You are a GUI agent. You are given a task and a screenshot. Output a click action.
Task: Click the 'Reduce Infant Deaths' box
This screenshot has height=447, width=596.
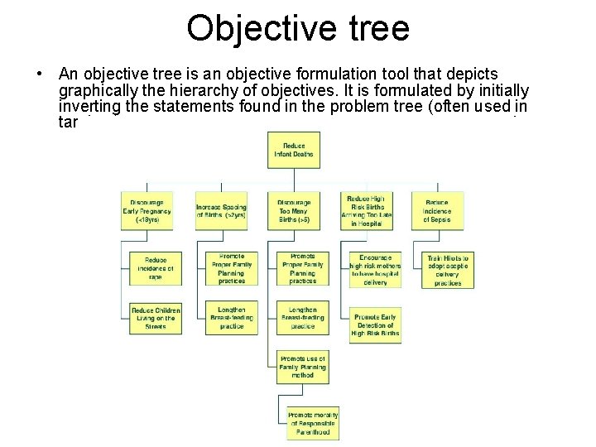point(294,151)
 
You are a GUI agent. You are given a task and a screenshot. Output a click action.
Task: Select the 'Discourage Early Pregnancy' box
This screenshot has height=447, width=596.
point(147,210)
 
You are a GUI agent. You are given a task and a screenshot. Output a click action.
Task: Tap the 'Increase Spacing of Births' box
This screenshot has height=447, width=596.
point(221,210)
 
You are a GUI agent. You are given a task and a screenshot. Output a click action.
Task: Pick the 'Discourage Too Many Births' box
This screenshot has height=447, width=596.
point(294,210)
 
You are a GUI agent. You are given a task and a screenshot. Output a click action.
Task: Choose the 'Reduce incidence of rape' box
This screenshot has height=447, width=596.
point(156,268)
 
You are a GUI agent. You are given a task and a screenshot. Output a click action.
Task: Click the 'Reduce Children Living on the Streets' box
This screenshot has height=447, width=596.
point(155,319)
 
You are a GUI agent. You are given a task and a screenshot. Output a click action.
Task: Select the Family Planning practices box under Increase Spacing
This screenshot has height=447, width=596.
point(232,269)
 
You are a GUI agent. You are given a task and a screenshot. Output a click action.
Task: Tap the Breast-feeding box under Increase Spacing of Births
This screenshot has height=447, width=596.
point(232,319)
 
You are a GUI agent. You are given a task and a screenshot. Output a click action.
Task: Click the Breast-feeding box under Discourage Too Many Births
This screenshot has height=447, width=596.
point(303,319)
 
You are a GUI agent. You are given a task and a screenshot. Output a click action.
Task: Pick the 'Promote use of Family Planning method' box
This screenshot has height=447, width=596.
point(303,367)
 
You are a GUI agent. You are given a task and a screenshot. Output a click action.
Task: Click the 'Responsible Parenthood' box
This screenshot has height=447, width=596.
point(313,424)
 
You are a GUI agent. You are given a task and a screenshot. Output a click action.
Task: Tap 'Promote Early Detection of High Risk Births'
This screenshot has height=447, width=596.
point(376,325)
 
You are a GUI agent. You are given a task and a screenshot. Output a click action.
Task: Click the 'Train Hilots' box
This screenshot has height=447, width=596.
point(448,270)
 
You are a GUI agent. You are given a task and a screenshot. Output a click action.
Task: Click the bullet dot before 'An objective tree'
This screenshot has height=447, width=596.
point(39,74)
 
